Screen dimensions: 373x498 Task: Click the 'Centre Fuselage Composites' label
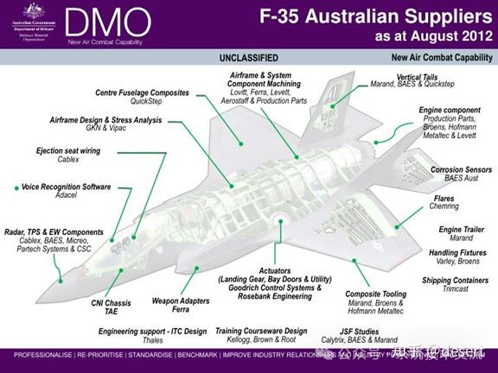pyautogui.click(x=141, y=92)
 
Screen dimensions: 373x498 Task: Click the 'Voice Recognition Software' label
pyautogui.click(x=67, y=186)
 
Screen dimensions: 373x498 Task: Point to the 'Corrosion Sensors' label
pyautogui.click(x=458, y=170)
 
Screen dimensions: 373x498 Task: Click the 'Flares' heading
pyautogui.click(x=444, y=199)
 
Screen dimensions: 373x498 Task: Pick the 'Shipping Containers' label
pyautogui.click(x=456, y=281)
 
